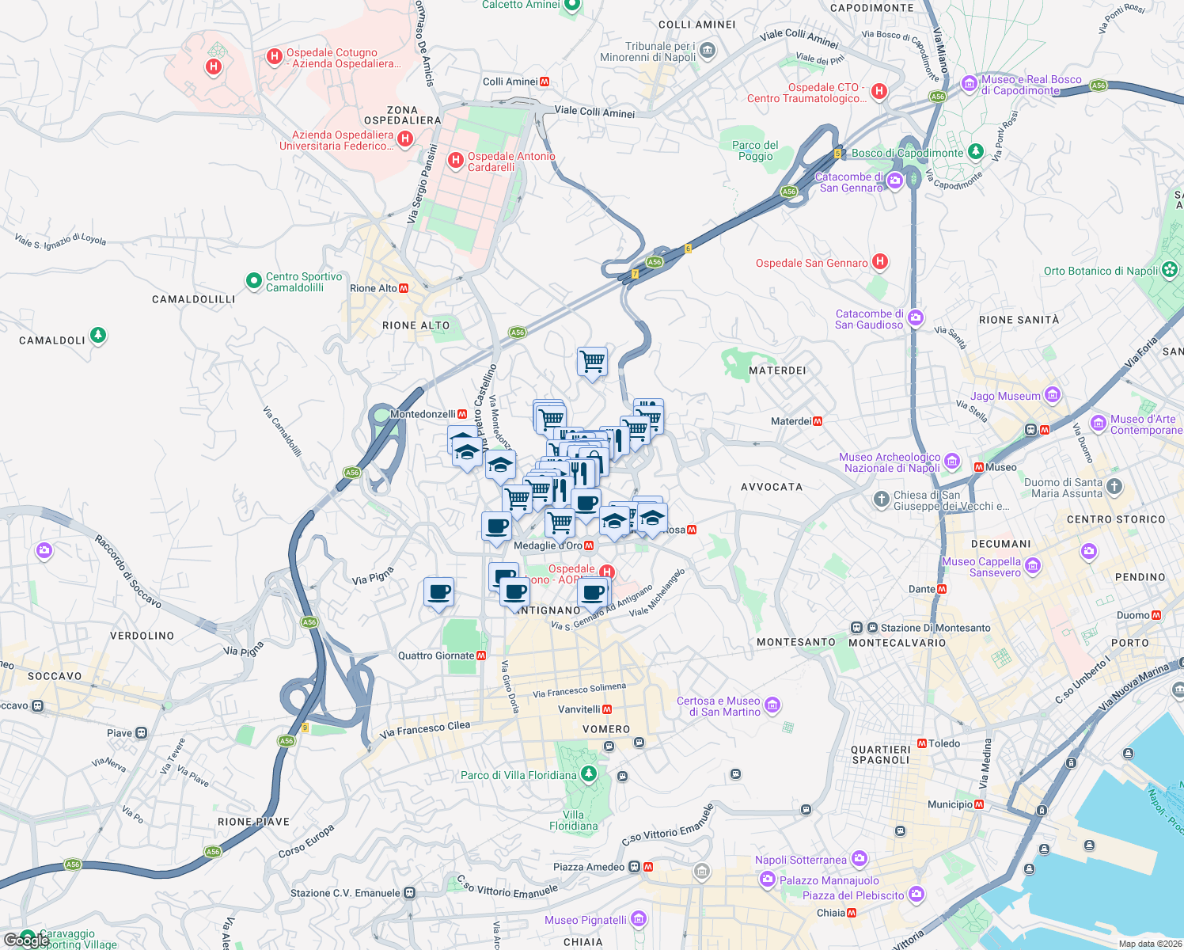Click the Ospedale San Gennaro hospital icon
tap(879, 262)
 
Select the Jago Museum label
tap(1005, 396)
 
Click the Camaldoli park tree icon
tap(97, 336)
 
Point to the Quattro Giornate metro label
tap(436, 655)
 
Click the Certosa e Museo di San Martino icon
tap(772, 705)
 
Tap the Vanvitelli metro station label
tap(579, 709)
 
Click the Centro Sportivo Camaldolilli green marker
tap(253, 281)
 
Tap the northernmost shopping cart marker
tap(593, 362)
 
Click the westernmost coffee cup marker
tap(439, 592)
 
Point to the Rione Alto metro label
tap(374, 288)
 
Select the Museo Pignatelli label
tap(585, 920)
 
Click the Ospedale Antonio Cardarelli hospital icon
tap(455, 161)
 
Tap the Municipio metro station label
tap(950, 804)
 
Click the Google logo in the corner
tap(25, 940)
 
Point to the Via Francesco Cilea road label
tap(425, 729)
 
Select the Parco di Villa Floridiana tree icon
tap(588, 773)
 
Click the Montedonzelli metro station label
tap(423, 414)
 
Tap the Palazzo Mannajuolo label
tap(829, 880)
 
